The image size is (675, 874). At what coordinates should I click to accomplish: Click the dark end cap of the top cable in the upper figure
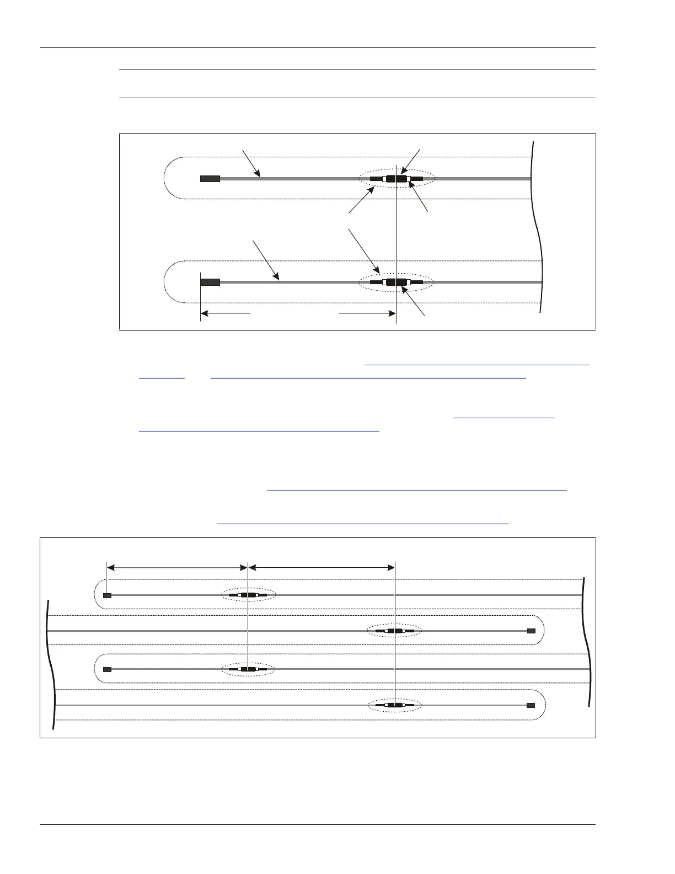click(210, 179)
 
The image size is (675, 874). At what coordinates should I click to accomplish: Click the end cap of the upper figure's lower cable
click(210, 282)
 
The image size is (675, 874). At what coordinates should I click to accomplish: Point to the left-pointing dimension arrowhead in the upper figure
click(205, 313)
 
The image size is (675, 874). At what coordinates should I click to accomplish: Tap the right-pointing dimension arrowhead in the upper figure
click(392, 313)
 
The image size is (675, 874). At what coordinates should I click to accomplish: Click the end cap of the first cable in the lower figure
click(108, 595)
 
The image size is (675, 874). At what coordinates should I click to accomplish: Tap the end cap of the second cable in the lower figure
click(531, 630)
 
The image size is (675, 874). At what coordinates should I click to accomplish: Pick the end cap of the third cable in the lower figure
click(108, 669)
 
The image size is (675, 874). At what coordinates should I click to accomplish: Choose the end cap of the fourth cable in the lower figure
click(531, 705)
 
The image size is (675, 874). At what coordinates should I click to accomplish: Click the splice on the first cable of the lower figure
click(248, 595)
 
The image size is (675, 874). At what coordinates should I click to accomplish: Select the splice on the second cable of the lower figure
click(395, 630)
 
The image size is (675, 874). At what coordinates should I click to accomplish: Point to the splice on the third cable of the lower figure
click(248, 669)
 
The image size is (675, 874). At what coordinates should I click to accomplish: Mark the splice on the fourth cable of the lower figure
click(395, 705)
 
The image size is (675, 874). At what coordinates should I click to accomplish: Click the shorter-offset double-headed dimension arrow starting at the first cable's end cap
click(176, 567)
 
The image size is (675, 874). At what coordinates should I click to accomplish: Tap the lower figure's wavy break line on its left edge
click(51, 662)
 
